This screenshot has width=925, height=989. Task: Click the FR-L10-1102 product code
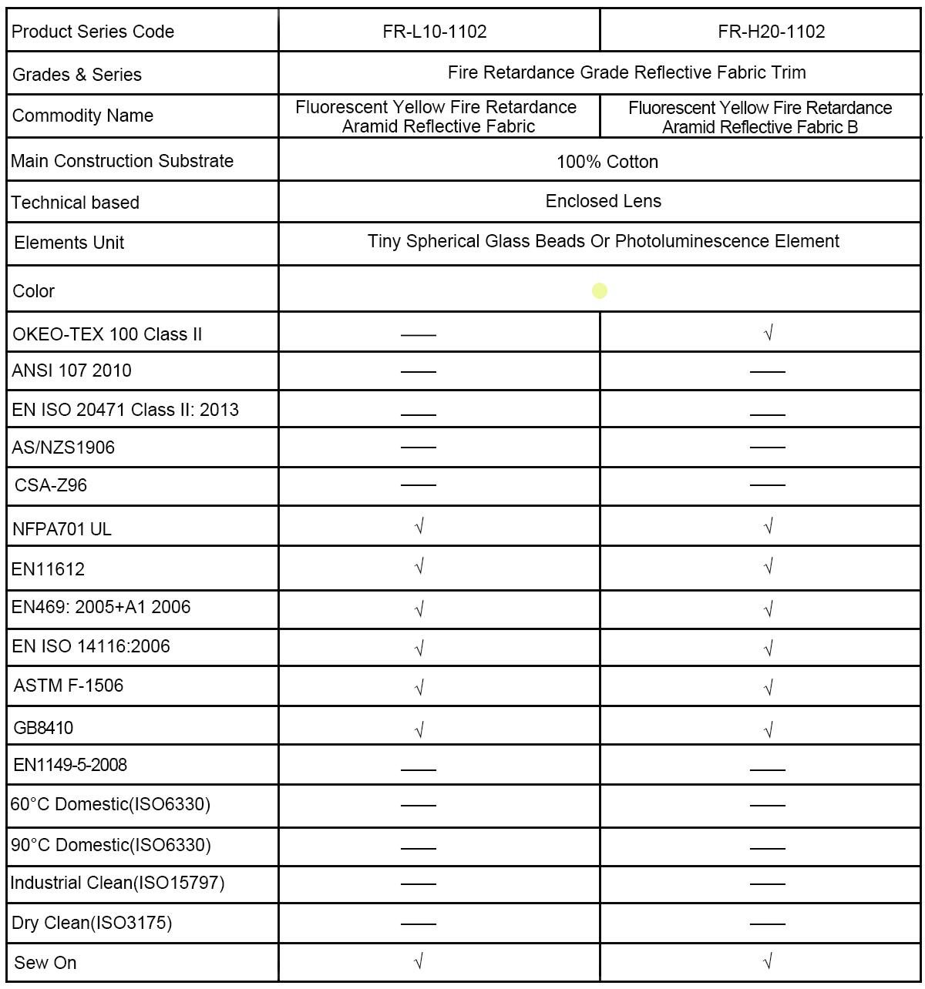click(435, 32)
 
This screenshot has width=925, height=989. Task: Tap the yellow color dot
click(600, 291)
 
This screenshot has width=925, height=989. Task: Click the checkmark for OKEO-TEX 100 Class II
click(768, 333)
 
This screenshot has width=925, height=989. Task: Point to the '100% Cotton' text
click(607, 162)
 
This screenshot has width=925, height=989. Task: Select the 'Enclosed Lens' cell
click(603, 202)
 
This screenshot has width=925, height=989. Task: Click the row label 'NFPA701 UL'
click(62, 529)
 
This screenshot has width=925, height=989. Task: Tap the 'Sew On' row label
click(45, 963)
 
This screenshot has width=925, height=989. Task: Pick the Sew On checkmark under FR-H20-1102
click(768, 961)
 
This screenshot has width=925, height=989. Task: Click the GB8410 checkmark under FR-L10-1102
click(419, 729)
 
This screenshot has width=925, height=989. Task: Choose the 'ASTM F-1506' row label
click(69, 686)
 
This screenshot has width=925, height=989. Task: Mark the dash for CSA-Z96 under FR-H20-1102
click(768, 485)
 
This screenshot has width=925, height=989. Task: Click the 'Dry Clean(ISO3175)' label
click(91, 923)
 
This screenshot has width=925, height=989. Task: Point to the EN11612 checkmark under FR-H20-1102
click(768, 567)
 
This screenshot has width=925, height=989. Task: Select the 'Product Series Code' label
click(92, 32)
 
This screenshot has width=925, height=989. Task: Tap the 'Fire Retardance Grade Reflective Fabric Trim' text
click(627, 72)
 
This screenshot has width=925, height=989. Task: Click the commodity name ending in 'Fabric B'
click(760, 117)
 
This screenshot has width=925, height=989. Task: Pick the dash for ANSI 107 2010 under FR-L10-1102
click(419, 372)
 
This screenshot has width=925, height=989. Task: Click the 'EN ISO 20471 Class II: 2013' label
click(125, 410)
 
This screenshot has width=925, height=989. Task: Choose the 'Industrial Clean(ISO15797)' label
click(117, 883)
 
